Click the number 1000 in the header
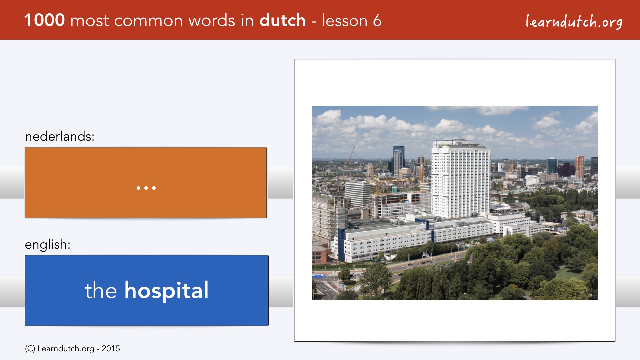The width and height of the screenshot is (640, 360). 45,20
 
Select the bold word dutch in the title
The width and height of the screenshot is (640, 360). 282,20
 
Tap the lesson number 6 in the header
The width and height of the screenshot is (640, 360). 377,20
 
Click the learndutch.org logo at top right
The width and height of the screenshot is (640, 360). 574,21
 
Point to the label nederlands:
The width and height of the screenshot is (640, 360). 60,136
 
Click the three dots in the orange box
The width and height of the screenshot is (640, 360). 146,188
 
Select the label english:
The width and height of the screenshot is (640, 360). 48,245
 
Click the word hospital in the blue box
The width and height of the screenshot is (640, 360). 167,291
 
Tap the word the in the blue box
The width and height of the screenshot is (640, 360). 101,290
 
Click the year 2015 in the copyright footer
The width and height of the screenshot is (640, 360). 111,349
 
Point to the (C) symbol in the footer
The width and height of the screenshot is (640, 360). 30,349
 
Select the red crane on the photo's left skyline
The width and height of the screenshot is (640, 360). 350,155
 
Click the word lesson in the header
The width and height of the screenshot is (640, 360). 344,20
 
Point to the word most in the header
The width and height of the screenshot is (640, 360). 90,21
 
